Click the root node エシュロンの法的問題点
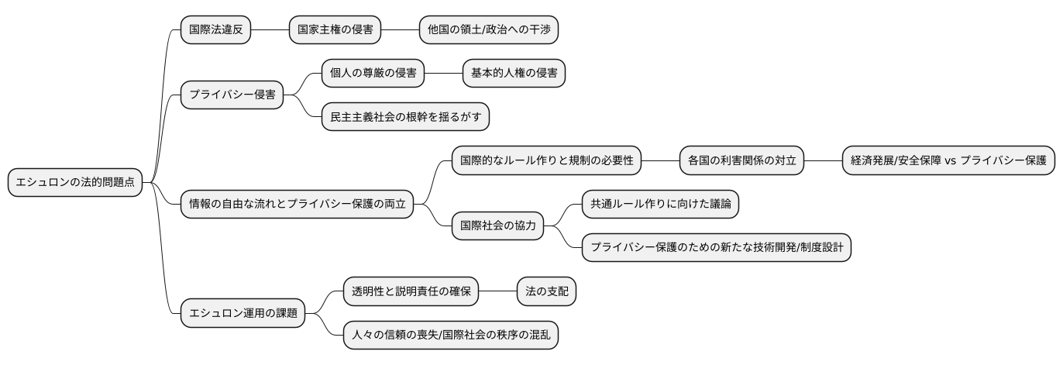point(75,182)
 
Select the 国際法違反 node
point(215,30)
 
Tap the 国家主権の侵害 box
point(335,30)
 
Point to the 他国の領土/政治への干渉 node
point(488,30)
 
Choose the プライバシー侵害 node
point(232,95)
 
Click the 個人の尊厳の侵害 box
point(373,74)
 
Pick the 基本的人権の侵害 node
point(514,74)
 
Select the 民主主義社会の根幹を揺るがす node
point(405,117)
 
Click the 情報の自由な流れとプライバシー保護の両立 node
point(297,205)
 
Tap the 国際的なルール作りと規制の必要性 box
point(547,160)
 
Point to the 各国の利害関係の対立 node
point(741,160)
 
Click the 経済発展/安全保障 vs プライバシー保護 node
point(948,160)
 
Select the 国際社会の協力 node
point(497,226)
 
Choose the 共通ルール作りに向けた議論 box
point(660,205)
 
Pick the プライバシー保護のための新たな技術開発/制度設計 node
point(717,248)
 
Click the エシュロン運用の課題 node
point(243,314)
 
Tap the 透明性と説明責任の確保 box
point(411,292)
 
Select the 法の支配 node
point(546,292)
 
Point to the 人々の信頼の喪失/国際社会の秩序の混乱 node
point(450,336)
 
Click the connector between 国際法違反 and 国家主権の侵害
point(270,30)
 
